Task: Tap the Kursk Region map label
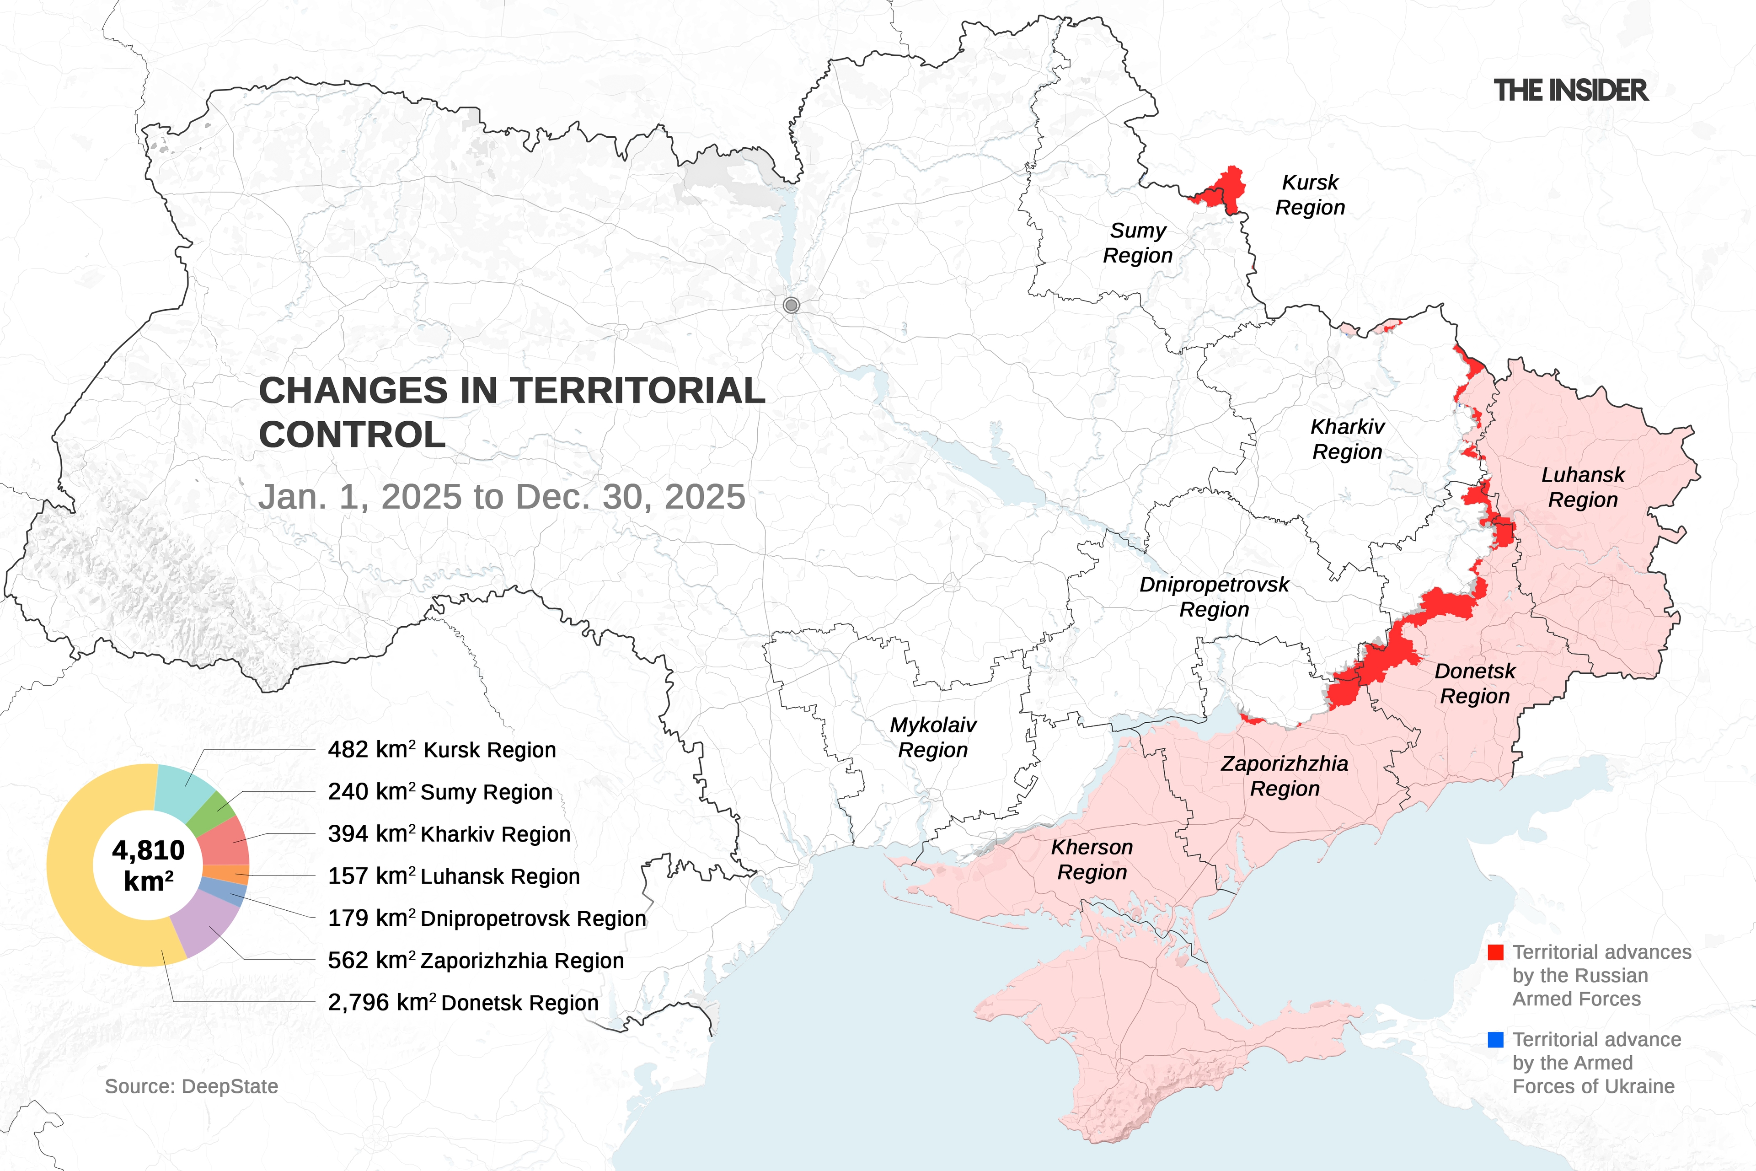1310,195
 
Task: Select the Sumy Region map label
1137,243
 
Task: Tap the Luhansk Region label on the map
1582,487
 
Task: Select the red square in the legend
1495,952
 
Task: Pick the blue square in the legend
1495,1040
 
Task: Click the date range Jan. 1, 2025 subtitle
501,497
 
